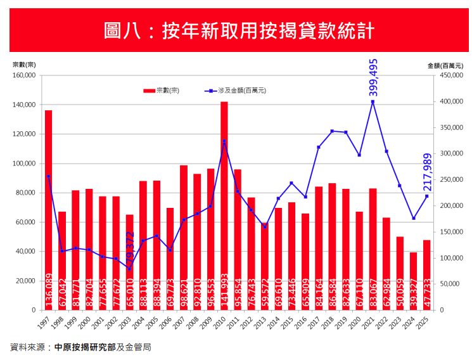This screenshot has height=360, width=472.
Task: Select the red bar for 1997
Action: click(48, 209)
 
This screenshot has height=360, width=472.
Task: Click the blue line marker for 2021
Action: click(373, 101)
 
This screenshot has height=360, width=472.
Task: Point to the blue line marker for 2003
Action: click(129, 269)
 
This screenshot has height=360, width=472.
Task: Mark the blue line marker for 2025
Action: click(426, 196)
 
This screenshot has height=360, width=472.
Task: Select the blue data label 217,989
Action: click(427, 172)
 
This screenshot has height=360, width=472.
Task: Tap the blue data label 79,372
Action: click(131, 250)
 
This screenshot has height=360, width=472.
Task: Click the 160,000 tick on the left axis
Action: click(24, 75)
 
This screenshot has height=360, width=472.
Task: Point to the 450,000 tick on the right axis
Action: click(448, 75)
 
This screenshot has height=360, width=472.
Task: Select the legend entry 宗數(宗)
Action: click(162, 91)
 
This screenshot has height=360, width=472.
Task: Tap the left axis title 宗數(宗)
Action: click(24, 65)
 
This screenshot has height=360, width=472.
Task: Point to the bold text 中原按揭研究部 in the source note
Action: click(85, 347)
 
